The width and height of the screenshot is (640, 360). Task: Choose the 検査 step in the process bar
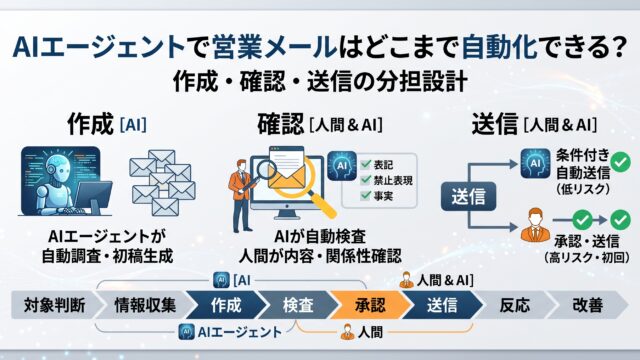(298, 305)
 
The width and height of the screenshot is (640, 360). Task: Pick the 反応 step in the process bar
(515, 305)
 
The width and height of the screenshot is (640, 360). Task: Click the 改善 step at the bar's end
(588, 305)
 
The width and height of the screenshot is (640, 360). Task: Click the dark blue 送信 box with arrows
(469, 197)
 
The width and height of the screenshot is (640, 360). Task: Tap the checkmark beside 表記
(366, 164)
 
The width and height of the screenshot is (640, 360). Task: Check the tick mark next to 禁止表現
(366, 180)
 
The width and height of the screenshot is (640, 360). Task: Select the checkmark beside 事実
(366, 195)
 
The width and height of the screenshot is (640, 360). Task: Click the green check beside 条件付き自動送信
(621, 162)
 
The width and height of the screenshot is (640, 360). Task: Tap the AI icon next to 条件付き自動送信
(535, 164)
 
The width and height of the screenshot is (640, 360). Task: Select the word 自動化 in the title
(499, 47)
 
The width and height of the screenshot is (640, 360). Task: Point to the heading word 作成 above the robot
(90, 124)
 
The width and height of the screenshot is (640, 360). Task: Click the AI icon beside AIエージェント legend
(187, 332)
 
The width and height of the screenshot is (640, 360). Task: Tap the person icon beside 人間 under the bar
(347, 332)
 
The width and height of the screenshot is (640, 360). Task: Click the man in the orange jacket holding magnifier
(242, 195)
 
